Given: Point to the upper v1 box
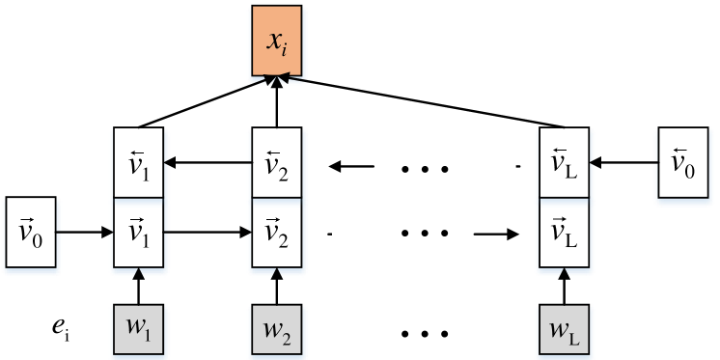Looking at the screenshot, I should tap(139, 164).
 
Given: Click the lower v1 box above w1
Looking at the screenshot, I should tap(139, 233).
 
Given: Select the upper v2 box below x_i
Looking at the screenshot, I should tap(277, 164).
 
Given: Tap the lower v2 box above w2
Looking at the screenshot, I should tap(277, 233).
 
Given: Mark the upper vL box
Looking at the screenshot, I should tap(561, 164).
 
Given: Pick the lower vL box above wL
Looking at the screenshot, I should tap(561, 233).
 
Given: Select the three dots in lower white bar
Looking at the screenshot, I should tap(425, 234).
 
